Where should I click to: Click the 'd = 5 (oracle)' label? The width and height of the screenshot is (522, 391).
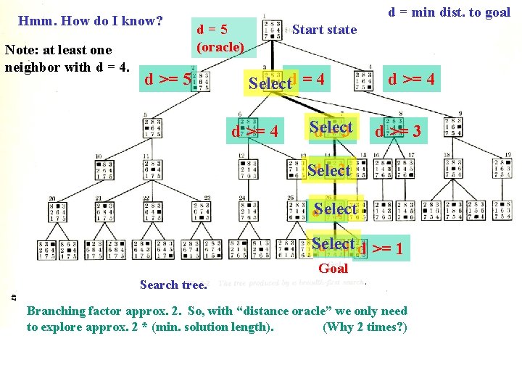pyautogui.click(x=224, y=38)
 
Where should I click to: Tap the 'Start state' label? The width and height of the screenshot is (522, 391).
pyautogui.click(x=324, y=30)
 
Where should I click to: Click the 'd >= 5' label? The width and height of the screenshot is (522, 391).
pyautogui.click(x=167, y=79)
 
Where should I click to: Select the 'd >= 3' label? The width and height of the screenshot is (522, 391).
pyautogui.click(x=397, y=132)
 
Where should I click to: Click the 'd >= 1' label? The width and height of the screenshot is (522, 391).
pyautogui.click(x=381, y=249)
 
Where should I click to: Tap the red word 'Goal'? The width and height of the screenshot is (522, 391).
pyautogui.click(x=333, y=269)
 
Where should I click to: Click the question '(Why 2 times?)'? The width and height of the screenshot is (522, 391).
pyautogui.click(x=365, y=327)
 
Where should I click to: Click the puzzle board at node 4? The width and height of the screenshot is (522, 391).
pyautogui.click(x=362, y=81)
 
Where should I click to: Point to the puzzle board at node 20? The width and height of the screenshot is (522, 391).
pyautogui.click(x=58, y=211)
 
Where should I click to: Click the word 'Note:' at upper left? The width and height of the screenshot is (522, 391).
pyautogui.click(x=21, y=50)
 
